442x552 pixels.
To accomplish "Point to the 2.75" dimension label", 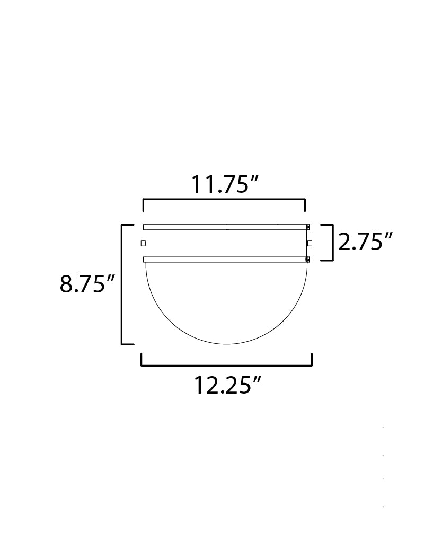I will (365, 242).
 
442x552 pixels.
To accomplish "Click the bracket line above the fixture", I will (224, 200).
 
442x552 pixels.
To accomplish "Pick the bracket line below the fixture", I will (226, 365).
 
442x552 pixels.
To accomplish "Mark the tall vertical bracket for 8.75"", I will (122, 284).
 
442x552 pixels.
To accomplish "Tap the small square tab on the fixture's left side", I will (143, 243).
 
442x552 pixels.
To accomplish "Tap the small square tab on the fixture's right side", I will (310, 243).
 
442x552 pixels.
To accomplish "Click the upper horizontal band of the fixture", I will (225, 227).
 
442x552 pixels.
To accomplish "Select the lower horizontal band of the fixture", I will (225, 260).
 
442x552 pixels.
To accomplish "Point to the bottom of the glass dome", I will (226, 344).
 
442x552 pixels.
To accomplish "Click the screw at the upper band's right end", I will (308, 227).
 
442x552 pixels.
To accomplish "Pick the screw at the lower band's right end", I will (308, 260).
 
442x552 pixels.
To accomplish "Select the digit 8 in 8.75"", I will (66, 284).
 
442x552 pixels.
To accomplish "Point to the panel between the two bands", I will (225, 243).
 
